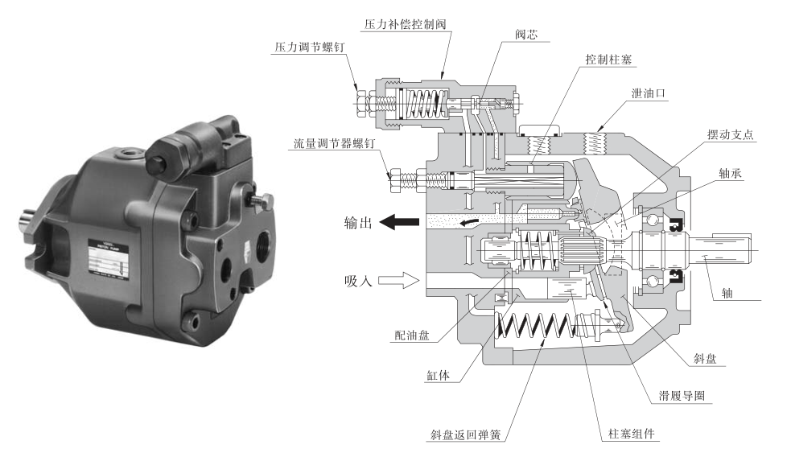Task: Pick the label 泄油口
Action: (649, 93)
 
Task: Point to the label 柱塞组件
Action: (628, 435)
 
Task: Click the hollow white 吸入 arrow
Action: (400, 280)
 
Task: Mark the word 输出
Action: (356, 223)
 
